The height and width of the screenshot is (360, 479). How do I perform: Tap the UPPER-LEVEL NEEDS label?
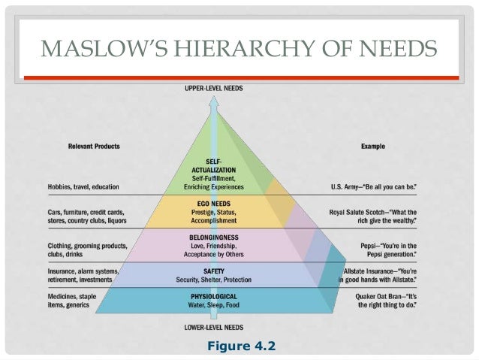pyautogui.click(x=214, y=89)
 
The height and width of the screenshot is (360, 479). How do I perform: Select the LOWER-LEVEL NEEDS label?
pyautogui.click(x=214, y=327)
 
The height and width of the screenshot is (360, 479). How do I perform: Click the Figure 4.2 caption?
pyautogui.click(x=241, y=346)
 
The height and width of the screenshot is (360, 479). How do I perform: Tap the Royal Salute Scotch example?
pyautogui.click(x=373, y=216)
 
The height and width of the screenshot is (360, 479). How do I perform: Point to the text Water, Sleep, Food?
pyautogui.click(x=215, y=306)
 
